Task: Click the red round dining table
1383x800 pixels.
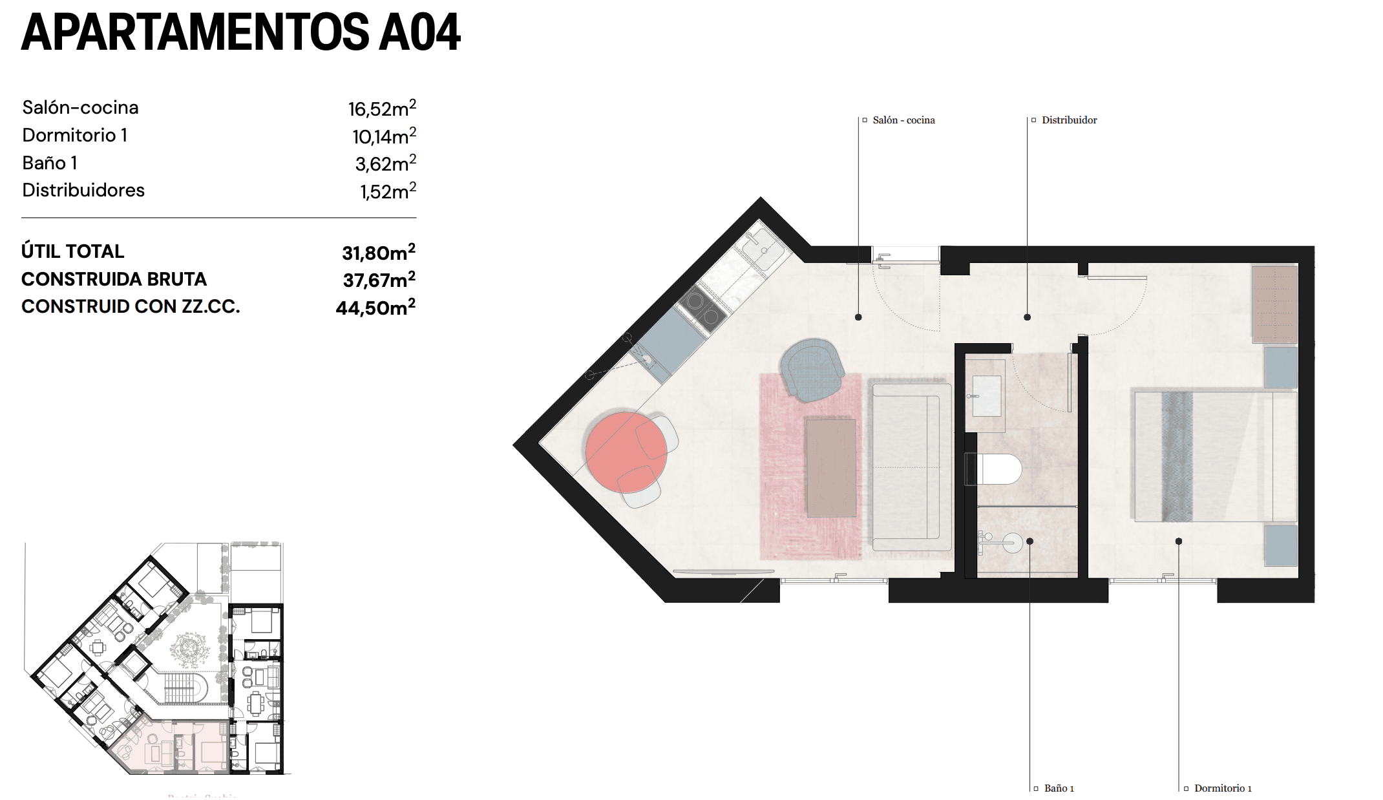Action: pyautogui.click(x=625, y=451)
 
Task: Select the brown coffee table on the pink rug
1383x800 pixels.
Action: pyautogui.click(x=831, y=467)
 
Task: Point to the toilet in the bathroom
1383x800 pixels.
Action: pyautogui.click(x=995, y=469)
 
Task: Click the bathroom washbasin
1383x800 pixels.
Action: pyautogui.click(x=986, y=396)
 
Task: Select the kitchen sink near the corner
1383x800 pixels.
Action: pyautogui.click(x=763, y=249)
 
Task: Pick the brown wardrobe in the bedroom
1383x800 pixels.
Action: pyautogui.click(x=1274, y=304)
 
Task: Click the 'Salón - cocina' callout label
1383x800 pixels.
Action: pyautogui.click(x=903, y=120)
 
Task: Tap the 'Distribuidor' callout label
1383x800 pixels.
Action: pyautogui.click(x=1069, y=120)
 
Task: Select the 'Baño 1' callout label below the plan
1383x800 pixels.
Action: pyautogui.click(x=1059, y=788)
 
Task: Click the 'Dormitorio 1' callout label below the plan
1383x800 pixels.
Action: pyautogui.click(x=1223, y=788)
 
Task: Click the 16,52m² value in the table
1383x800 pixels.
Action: pyautogui.click(x=381, y=109)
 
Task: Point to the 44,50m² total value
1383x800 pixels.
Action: pyautogui.click(x=375, y=308)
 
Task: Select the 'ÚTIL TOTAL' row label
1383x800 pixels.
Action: pyautogui.click(x=72, y=251)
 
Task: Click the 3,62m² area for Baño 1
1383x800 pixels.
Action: pyautogui.click(x=385, y=163)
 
